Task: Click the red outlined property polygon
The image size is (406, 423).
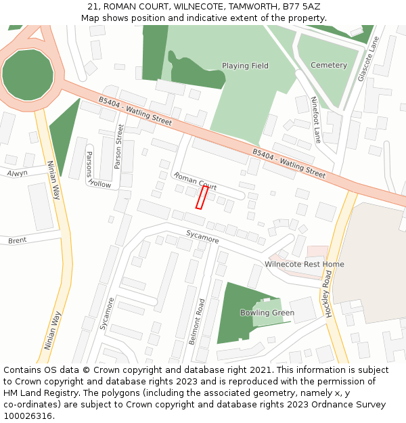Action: pos(202,197)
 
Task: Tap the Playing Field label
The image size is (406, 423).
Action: pos(245,66)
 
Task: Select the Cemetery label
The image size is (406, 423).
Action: pos(329,65)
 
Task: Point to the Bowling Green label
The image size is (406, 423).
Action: pos(267,313)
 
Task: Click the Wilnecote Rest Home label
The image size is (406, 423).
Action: pos(304,264)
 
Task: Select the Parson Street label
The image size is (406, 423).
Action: pos(118,146)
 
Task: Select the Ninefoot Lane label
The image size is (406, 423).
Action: pos(315,120)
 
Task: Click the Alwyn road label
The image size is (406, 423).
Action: pos(17,173)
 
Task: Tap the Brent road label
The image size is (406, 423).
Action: pos(17,240)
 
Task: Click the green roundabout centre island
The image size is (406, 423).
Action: pos(28,73)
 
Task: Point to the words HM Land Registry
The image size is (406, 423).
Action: pos(37,393)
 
